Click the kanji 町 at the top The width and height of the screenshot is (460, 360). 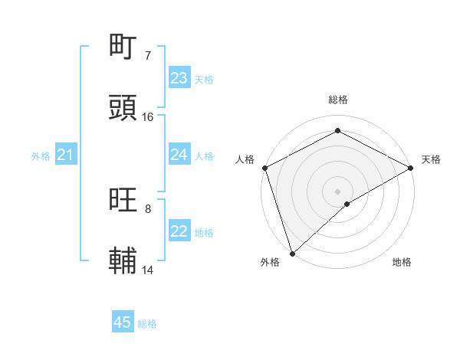(124, 47)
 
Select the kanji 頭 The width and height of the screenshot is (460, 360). (124, 108)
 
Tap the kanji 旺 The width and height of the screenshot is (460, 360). (124, 201)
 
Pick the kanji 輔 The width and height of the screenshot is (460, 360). (124, 261)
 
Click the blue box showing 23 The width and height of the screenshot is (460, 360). (179, 78)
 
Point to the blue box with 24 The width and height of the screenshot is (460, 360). (179, 155)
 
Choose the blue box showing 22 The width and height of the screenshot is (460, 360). (179, 231)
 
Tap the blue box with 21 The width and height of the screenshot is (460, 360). (66, 155)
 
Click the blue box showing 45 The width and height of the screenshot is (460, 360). (123, 322)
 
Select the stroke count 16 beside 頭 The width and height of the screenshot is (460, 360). (148, 116)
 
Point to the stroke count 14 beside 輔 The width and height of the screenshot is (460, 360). (148, 270)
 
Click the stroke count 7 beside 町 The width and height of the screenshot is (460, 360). (147, 56)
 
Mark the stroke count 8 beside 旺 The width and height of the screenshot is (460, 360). (147, 208)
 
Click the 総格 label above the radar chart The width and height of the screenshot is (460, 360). (338, 100)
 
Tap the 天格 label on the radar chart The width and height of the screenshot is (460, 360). (431, 159)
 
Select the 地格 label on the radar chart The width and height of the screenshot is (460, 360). (402, 262)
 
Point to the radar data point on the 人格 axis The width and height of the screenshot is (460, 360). (264, 168)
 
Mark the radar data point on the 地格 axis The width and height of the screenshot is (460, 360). (347, 204)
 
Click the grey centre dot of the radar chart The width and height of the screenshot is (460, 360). (338, 191)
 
